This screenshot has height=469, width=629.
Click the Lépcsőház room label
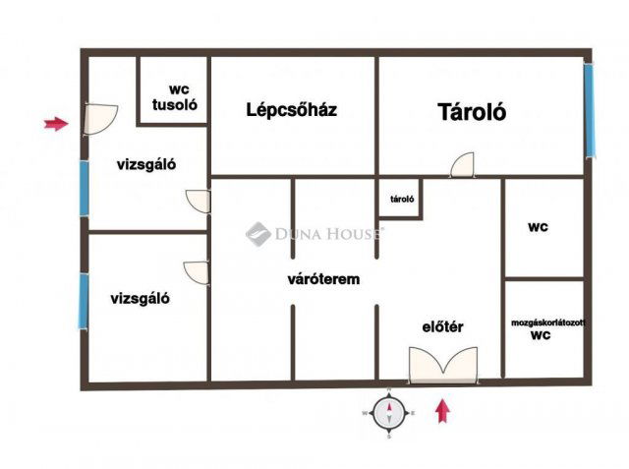[291, 110]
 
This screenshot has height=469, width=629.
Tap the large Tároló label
[472, 112]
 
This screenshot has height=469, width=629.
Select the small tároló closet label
[401, 199]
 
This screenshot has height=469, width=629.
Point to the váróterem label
[323, 279]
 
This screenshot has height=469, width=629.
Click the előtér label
[442, 327]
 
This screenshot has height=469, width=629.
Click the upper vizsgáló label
[146, 165]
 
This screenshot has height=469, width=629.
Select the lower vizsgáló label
[140, 299]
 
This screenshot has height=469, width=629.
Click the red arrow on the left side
[57, 124]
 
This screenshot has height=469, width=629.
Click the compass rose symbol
[390, 413]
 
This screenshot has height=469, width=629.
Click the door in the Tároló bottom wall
[462, 165]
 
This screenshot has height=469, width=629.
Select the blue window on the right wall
[590, 109]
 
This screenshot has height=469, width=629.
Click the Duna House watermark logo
[258, 233]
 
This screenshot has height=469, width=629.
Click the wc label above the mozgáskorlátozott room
[538, 227]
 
